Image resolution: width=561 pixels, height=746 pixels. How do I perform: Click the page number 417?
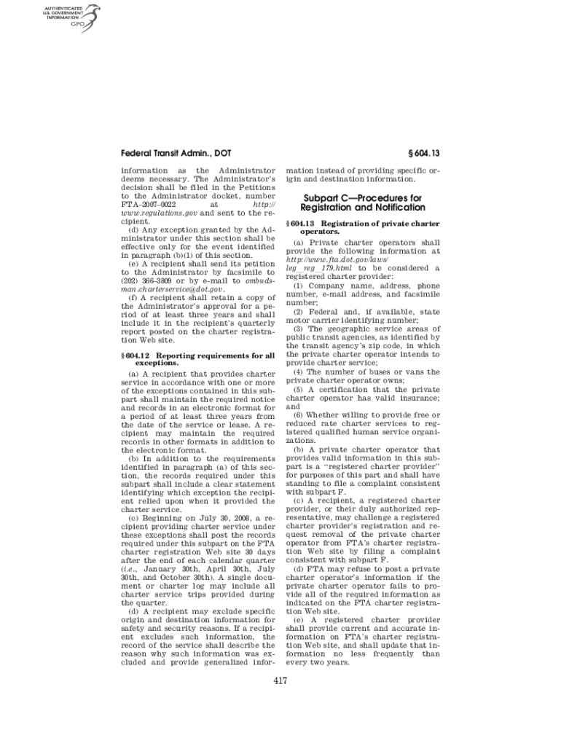(x=280, y=681)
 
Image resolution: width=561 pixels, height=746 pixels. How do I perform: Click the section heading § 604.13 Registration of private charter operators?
(x=364, y=227)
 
